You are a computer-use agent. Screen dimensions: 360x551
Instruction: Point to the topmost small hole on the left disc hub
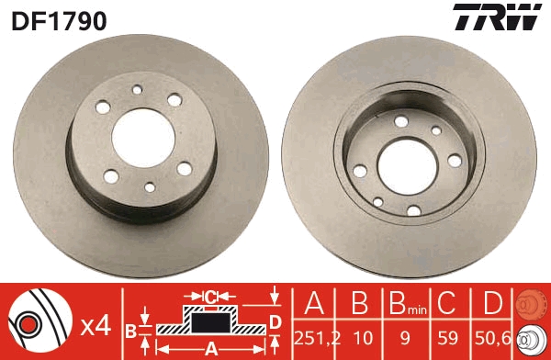[137, 90]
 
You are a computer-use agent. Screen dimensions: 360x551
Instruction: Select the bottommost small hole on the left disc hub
[151, 186]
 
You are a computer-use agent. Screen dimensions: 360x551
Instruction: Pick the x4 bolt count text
[96, 324]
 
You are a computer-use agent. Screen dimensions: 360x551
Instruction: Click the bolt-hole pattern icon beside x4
[38, 322]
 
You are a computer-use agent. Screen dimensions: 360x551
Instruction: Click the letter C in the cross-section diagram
[210, 297]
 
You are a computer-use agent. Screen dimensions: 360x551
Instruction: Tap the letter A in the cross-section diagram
[209, 347]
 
